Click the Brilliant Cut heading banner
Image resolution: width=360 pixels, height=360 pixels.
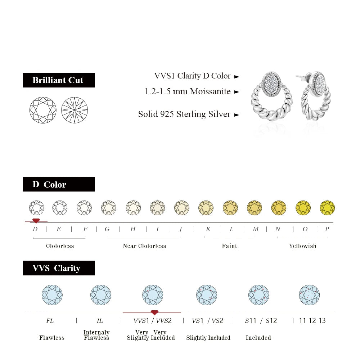point(59,80)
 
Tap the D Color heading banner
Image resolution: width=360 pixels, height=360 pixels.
point(59,184)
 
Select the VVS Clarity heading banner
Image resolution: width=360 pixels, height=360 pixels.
point(59,268)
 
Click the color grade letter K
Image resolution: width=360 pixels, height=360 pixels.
point(208,229)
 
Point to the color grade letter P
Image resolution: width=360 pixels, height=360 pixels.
point(327,229)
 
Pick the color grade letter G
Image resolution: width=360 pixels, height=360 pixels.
point(107,229)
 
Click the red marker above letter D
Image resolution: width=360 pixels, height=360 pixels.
point(36,221)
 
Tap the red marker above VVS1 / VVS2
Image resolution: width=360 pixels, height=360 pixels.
point(154,312)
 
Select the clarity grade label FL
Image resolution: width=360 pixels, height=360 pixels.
point(50,321)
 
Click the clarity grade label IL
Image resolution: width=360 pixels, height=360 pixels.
point(100,321)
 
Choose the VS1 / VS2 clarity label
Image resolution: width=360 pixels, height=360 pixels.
point(207,321)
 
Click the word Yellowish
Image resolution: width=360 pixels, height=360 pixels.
point(302,246)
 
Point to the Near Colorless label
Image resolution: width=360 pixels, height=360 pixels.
point(144,246)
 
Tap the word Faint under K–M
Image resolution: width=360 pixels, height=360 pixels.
point(229,246)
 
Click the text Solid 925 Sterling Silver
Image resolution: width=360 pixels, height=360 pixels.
point(184,114)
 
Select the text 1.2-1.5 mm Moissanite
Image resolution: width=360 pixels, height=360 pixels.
point(188,91)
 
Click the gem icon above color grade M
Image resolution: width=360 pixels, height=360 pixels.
point(255,208)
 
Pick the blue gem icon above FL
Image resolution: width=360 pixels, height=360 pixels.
point(52,295)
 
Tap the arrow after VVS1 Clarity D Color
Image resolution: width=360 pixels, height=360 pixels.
point(237,77)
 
